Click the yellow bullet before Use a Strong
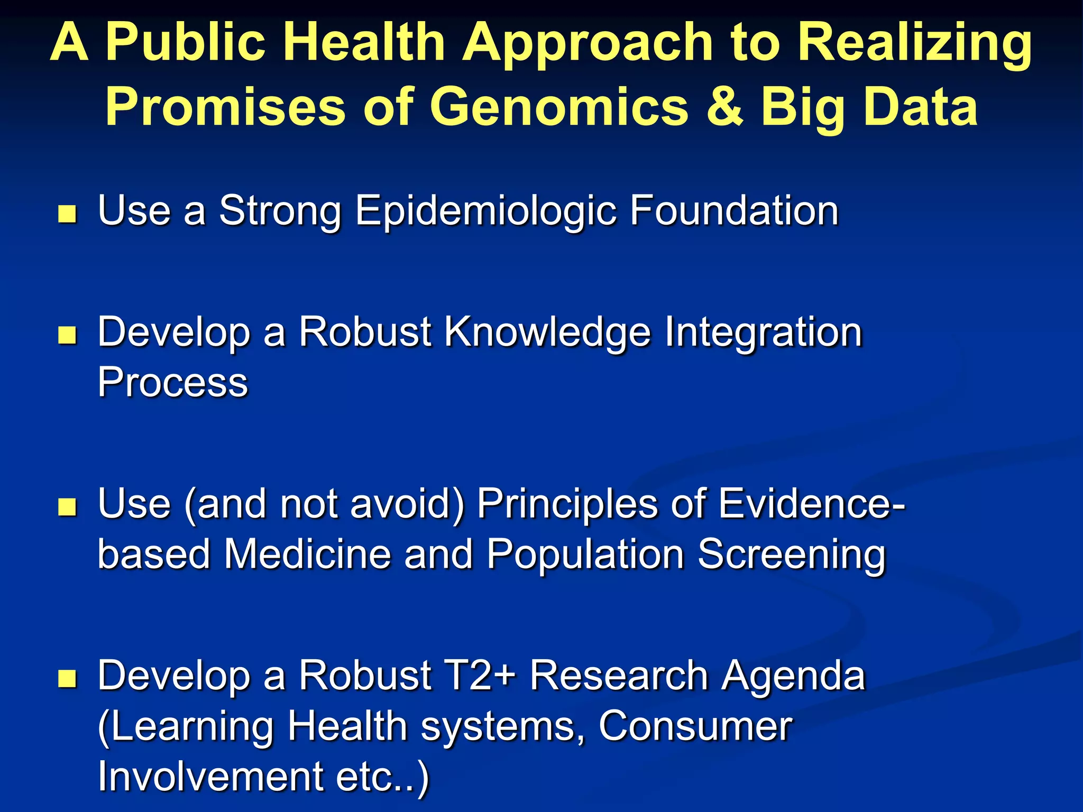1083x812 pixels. coord(67,215)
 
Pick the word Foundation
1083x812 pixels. coord(734,210)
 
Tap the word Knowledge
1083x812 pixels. coord(547,333)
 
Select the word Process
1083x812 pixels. coord(172,382)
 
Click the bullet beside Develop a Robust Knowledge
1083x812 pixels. coord(67,336)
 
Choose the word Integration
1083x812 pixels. coord(763,333)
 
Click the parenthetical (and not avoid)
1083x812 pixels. coord(324,504)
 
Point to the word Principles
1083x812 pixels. coord(567,504)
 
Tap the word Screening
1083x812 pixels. coord(791,555)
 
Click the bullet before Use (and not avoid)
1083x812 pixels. coord(67,507)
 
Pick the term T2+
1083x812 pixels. coord(481,676)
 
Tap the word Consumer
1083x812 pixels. coord(695,726)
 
